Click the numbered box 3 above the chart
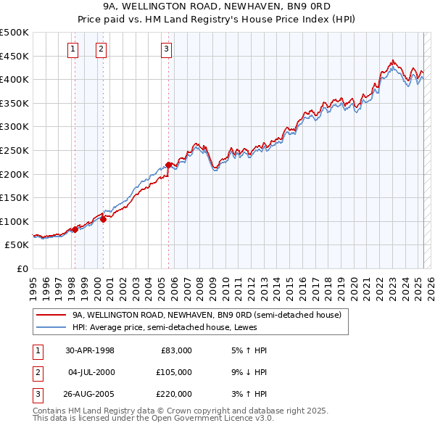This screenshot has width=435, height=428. pos(166,49)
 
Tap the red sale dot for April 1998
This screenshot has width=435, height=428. pos(75,229)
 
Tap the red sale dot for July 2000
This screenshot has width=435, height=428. pos(103,219)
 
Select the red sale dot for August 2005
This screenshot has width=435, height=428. pos(169,165)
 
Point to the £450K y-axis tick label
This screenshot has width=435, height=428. pos(14,56)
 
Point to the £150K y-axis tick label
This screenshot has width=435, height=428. pos(14,197)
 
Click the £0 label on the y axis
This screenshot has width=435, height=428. pos(22,268)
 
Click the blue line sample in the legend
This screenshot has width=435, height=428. pos(51,327)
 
